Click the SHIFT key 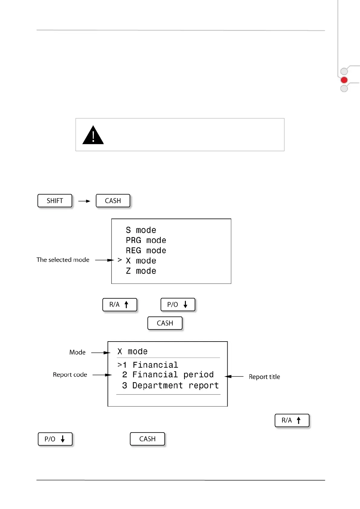(55, 201)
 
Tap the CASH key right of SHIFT (113, 201)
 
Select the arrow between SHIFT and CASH (84, 201)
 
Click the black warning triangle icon (93, 135)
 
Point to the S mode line (141, 230)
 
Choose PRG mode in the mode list (146, 241)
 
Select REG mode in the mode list (146, 251)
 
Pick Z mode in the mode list (141, 271)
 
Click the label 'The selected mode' (63, 260)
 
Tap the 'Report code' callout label (70, 375)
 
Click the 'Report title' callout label (264, 377)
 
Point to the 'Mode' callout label (77, 352)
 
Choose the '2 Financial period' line (168, 375)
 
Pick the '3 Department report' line (170, 386)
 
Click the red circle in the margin (344, 80)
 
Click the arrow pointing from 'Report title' (234, 377)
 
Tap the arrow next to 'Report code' (102, 375)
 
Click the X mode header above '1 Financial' (132, 352)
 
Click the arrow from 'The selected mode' (104, 260)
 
